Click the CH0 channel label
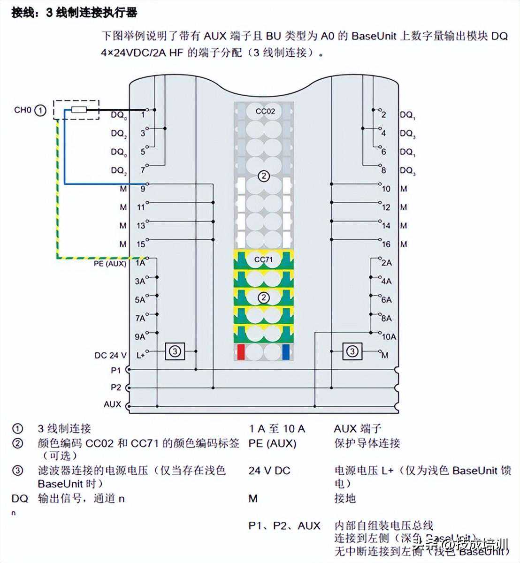coord(22,110)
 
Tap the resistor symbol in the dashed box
coord(79,110)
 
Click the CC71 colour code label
coord(264,259)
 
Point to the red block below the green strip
coord(241,352)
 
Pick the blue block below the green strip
coord(286,352)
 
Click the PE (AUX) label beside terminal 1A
coord(110,264)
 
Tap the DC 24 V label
coord(110,355)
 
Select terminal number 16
coord(386,244)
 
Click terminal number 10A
coord(389,336)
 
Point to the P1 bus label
coord(116,370)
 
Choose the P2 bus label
coord(116,388)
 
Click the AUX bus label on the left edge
coord(113,404)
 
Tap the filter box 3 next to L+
coord(175,351)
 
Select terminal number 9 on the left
coord(143,189)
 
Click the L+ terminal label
coord(140,355)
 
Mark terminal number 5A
coord(140,300)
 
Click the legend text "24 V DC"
coord(269,470)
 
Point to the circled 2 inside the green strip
coord(264,297)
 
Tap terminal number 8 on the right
coord(383,170)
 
